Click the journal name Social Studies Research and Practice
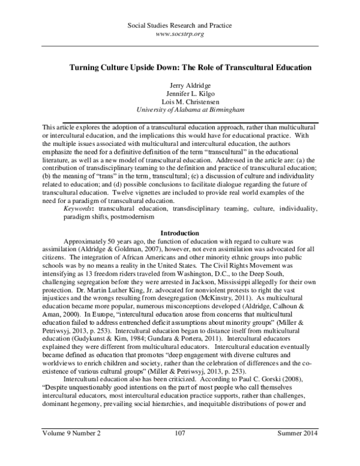click(x=180, y=26)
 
